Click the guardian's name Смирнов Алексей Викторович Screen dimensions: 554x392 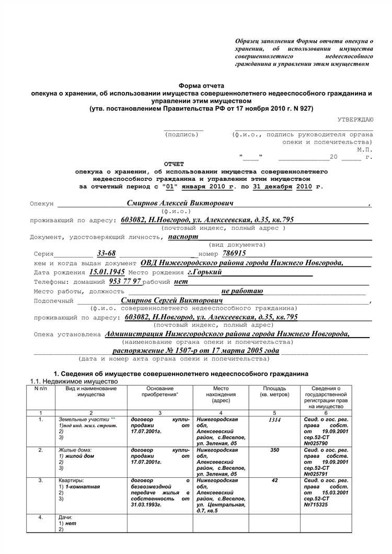point(180,203)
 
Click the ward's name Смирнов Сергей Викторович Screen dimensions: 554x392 point(172,301)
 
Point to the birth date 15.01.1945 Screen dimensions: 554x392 point(107,273)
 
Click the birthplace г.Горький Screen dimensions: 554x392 point(204,273)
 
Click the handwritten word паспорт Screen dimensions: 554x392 point(183,236)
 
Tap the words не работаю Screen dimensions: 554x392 point(242,291)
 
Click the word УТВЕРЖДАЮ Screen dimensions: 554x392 point(355,120)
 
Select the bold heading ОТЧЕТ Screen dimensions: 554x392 point(174,164)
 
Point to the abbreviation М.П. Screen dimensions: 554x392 point(365,149)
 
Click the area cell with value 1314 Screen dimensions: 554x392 point(274,420)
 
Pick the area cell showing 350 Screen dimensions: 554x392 point(274,449)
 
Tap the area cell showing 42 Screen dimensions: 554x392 point(274,479)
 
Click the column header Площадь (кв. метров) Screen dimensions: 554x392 point(274,391)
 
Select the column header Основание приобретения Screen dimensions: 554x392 point(159,391)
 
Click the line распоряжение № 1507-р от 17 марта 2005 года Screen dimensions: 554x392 point(196,351)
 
